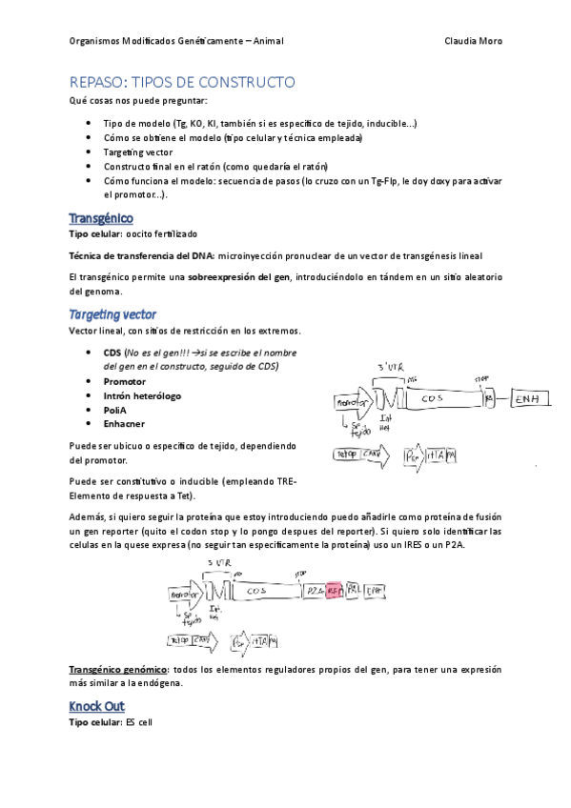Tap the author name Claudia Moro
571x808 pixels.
(x=473, y=41)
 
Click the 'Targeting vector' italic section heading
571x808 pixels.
(x=112, y=314)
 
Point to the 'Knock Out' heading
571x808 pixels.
(x=97, y=706)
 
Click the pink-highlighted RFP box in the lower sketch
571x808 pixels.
(x=334, y=591)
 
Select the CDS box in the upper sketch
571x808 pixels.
(x=434, y=399)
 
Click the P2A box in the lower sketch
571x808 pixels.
(x=314, y=591)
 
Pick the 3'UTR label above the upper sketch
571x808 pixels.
(x=392, y=367)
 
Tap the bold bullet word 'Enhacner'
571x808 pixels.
(x=125, y=423)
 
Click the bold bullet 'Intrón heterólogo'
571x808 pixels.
(x=142, y=394)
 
